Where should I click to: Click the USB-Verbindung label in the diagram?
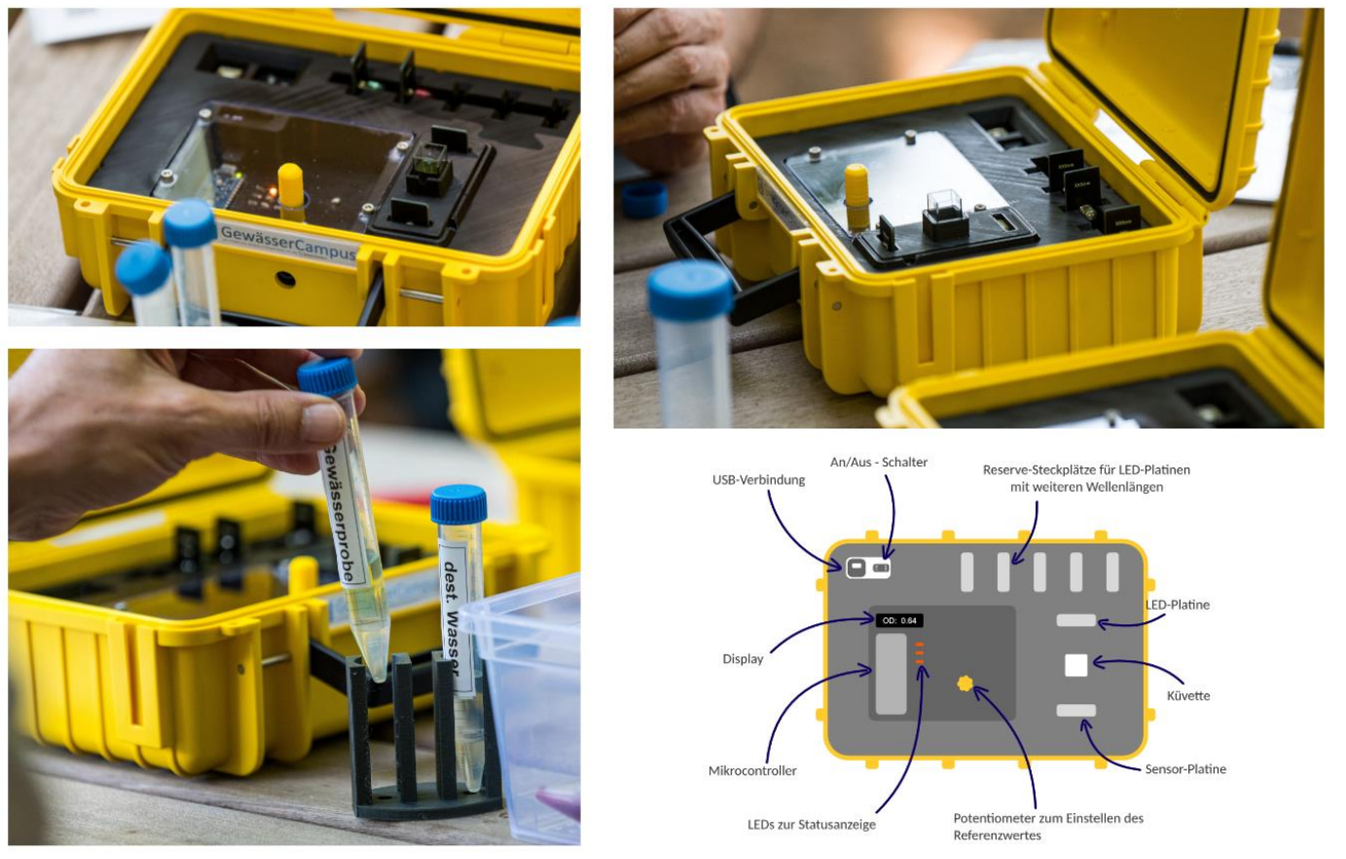click(758, 480)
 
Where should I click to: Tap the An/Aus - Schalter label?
click(879, 463)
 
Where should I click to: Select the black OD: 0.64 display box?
click(899, 620)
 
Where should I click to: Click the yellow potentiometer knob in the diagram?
click(965, 684)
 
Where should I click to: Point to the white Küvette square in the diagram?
click(1075, 665)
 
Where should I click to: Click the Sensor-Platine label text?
click(1185, 768)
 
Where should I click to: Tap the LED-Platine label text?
click(1178, 605)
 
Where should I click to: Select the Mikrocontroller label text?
click(752, 770)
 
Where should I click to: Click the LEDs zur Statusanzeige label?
click(812, 825)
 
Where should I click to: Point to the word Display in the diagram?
click(743, 658)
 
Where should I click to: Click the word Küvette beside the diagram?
click(1188, 695)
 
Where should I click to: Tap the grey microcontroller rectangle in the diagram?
click(891, 673)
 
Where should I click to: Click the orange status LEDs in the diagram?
click(919, 653)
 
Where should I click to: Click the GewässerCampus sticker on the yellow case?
click(288, 242)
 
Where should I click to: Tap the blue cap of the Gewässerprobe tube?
click(327, 377)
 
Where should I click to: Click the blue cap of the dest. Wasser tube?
click(458, 504)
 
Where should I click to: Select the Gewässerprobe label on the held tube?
click(345, 515)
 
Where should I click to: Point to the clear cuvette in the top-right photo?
click(946, 207)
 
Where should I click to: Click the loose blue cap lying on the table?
click(643, 199)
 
